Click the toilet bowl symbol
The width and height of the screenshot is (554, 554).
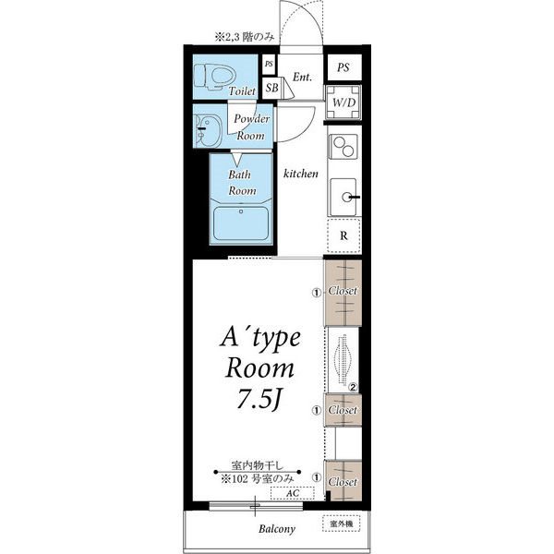click(x=215, y=77)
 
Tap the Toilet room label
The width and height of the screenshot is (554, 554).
click(x=242, y=91)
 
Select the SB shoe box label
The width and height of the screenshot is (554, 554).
click(x=271, y=88)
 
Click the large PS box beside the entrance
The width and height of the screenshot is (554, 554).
click(x=344, y=67)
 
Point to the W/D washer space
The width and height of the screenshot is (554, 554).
click(x=343, y=102)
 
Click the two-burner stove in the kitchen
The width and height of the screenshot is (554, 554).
click(x=343, y=147)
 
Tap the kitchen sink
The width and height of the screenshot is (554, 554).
click(x=343, y=197)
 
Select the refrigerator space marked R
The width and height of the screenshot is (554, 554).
click(x=343, y=235)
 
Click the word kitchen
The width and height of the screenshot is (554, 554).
click(x=301, y=174)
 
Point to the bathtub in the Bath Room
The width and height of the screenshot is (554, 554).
click(x=241, y=223)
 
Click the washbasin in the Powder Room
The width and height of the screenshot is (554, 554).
click(x=208, y=131)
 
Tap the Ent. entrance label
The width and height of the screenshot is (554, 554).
click(x=302, y=77)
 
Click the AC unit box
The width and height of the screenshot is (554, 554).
click(x=292, y=493)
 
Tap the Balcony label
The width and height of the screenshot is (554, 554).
click(x=277, y=529)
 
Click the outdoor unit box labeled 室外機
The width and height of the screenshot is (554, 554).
click(x=341, y=524)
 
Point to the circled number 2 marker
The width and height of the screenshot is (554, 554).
click(x=353, y=388)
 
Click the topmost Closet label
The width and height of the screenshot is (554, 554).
click(x=343, y=291)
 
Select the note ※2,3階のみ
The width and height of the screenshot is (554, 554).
click(x=245, y=37)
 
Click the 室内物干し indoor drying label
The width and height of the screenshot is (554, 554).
click(x=258, y=465)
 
